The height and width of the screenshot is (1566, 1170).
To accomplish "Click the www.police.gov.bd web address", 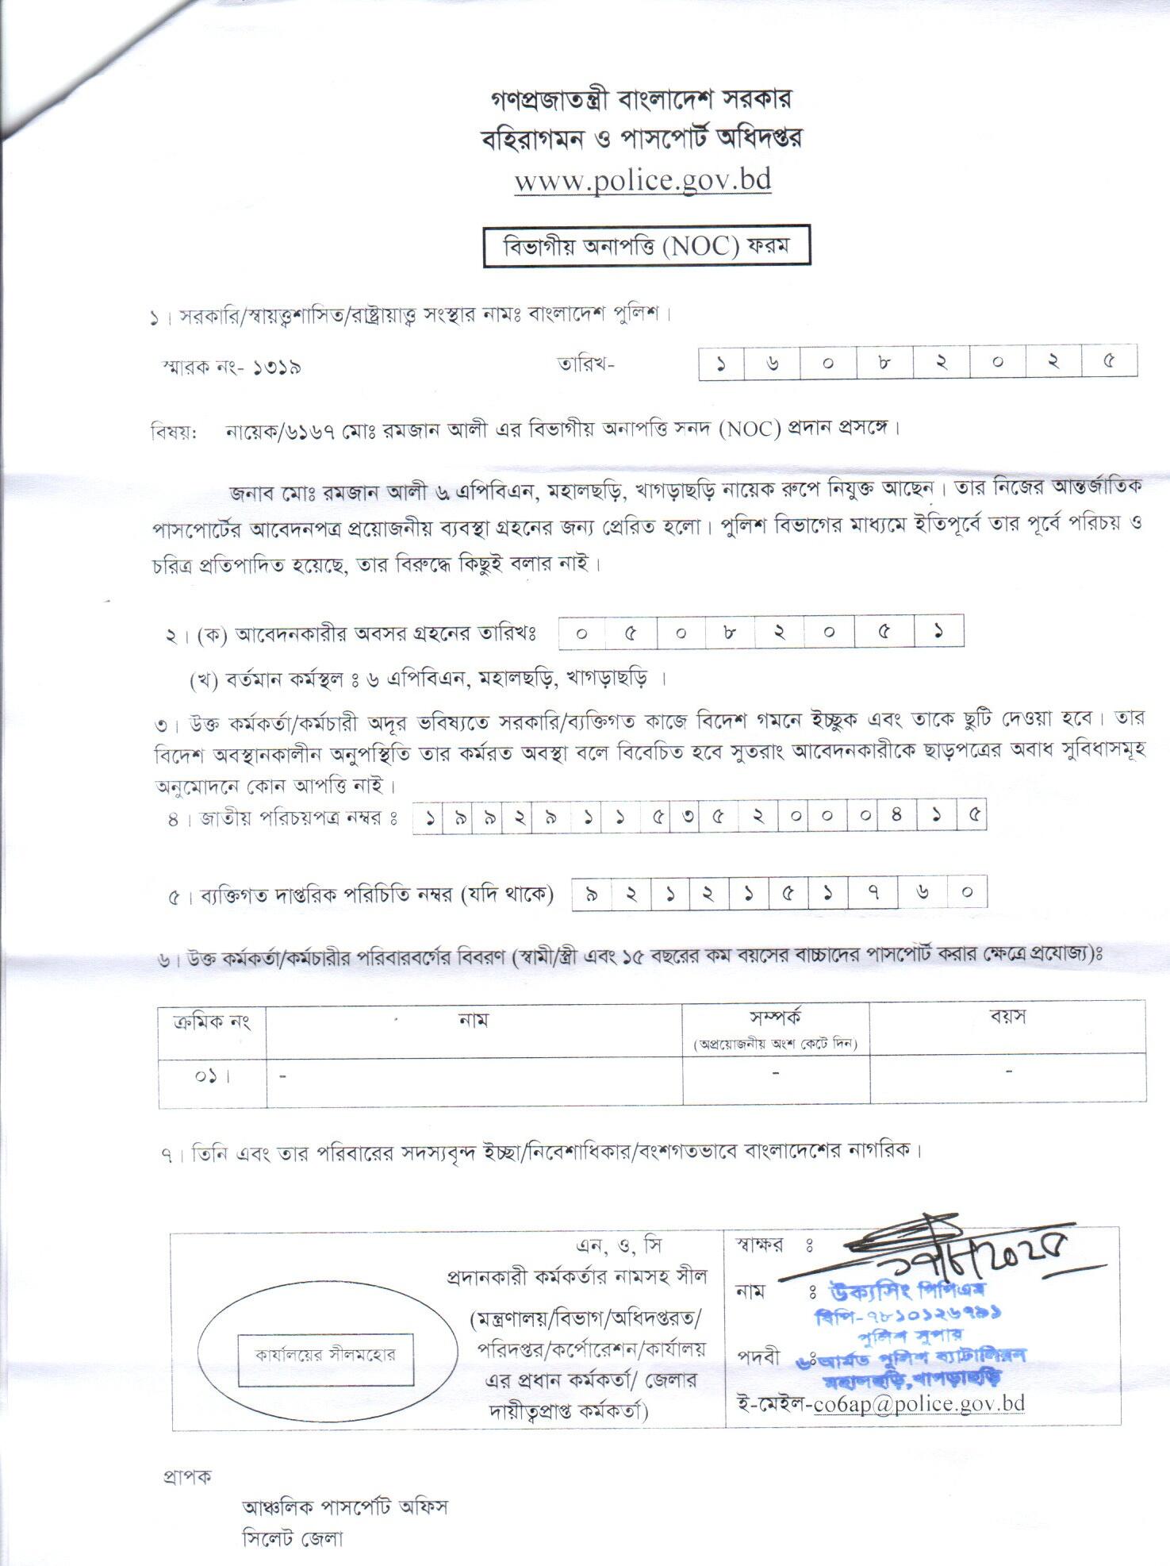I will coord(643,180).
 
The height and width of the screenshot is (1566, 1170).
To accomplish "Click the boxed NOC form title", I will coord(646,247).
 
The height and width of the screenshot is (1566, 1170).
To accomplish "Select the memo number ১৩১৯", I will coord(278,367).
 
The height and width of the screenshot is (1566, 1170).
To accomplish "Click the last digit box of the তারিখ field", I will coord(1108,362).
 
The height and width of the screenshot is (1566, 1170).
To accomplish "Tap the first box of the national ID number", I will coord(429,818).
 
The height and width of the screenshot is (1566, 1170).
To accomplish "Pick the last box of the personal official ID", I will coord(967,893).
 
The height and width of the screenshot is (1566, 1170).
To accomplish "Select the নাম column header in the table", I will coord(474,1019).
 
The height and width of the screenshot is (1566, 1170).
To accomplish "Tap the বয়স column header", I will coord(1007,1018).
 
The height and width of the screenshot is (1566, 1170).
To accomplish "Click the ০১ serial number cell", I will coord(212,1077).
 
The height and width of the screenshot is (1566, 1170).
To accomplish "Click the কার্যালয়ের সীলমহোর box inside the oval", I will coord(325,1355).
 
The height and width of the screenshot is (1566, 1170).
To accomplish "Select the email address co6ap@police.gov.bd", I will coord(919,1403).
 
